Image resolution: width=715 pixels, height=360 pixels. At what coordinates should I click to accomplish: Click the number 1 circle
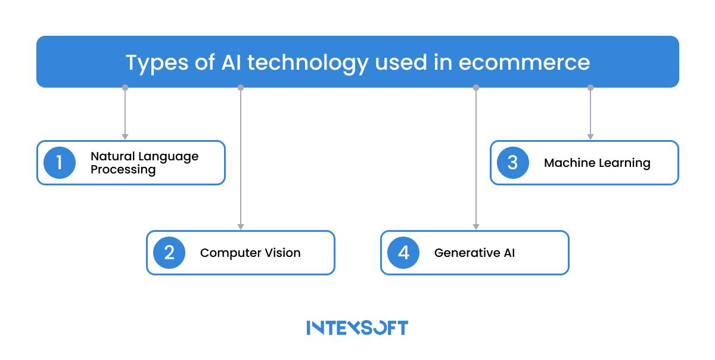[59, 163]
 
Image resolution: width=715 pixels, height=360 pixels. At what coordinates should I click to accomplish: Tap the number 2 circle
[169, 253]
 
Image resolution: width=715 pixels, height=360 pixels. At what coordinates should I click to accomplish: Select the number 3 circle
[512, 163]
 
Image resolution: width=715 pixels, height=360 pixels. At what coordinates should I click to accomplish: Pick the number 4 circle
[403, 253]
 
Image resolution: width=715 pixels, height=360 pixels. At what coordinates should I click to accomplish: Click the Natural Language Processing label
[144, 163]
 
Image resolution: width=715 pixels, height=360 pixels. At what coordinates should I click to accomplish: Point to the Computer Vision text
[250, 253]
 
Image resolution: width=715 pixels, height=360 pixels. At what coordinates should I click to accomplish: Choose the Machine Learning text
[597, 163]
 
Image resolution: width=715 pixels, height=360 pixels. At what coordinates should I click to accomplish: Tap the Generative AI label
[474, 253]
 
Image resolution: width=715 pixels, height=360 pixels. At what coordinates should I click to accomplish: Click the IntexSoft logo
[357, 327]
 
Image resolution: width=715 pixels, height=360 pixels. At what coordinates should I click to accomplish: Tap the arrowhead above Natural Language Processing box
[125, 136]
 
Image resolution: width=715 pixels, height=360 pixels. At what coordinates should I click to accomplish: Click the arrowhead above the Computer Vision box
[241, 226]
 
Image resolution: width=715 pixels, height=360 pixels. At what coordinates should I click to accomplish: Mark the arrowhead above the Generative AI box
[475, 226]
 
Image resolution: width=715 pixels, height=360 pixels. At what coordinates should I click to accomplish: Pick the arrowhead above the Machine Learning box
[590, 136]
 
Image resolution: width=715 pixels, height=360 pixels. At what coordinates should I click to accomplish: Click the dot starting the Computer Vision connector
[241, 88]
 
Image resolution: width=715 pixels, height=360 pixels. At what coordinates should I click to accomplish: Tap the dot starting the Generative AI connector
[475, 88]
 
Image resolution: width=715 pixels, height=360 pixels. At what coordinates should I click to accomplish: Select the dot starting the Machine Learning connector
[590, 88]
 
